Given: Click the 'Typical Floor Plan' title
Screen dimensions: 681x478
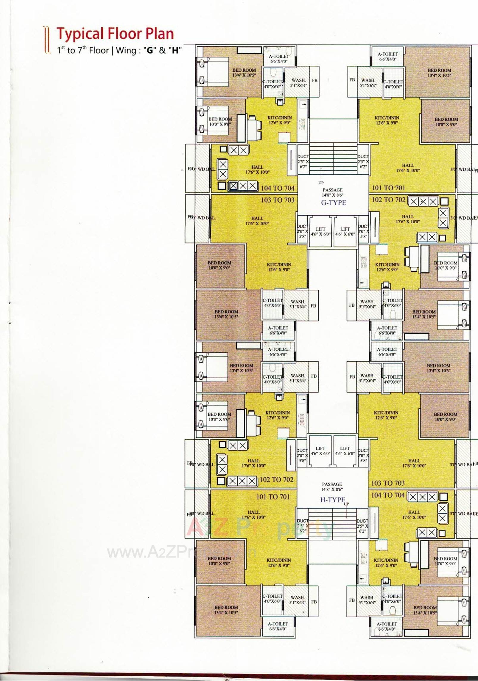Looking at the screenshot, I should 115,34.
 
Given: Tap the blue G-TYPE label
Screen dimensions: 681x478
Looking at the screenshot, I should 334,203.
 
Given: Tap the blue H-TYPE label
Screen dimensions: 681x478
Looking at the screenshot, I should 332,500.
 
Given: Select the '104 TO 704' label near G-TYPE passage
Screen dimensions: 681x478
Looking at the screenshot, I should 277,188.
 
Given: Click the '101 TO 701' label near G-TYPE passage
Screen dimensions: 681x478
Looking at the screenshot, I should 388,188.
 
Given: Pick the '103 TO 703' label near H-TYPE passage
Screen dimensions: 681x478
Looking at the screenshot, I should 387,483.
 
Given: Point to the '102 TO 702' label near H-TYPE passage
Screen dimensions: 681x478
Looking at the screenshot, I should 276,479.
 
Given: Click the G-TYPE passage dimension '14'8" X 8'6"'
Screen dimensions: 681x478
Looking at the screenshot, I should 332,195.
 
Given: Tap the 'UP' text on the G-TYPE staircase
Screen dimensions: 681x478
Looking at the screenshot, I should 321,183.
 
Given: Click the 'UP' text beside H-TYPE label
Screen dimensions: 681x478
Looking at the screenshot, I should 346,504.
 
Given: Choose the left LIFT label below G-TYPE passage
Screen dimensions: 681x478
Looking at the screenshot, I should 320,231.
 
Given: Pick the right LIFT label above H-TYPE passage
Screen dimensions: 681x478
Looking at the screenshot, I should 345,451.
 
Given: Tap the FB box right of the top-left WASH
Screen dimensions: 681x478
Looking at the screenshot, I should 314,81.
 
